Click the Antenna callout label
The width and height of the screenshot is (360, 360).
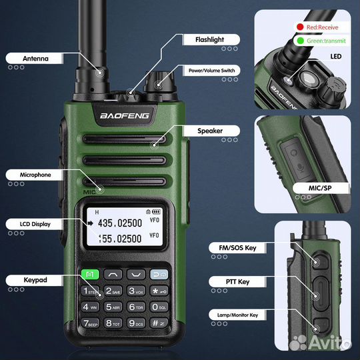click(x=36, y=58)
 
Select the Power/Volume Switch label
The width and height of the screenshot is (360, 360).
click(x=211, y=70)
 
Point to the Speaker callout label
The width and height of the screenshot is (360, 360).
click(x=210, y=131)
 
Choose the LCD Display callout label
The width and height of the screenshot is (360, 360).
click(x=36, y=223)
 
